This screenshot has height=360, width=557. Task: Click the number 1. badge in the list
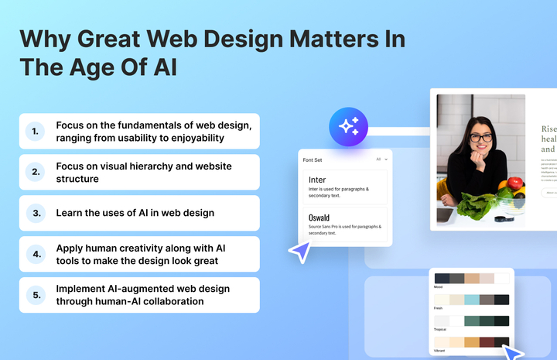pos(35,131)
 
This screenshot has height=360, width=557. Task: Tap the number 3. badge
pos(35,213)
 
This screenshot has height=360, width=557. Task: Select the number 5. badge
pos(35,295)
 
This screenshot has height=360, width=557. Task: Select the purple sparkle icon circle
pos(348,126)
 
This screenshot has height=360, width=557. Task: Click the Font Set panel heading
pos(313,159)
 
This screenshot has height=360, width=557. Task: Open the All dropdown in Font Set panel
pos(381,159)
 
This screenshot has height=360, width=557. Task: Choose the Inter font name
pos(317,180)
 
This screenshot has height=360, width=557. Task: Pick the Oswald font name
pos(320,218)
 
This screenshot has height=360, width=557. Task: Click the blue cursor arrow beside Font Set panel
pos(298,251)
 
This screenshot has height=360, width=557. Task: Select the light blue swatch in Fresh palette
pos(471,300)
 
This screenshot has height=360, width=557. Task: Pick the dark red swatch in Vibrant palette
pos(487,341)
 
